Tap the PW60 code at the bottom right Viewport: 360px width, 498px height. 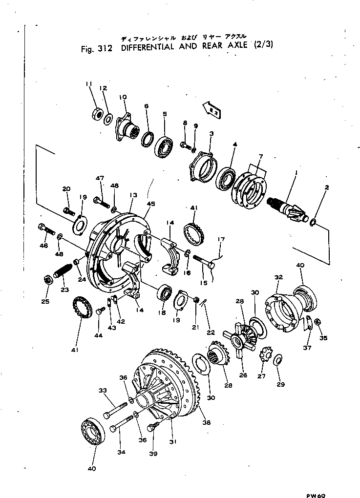click(x=316, y=494)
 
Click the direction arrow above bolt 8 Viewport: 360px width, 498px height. click(x=210, y=110)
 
